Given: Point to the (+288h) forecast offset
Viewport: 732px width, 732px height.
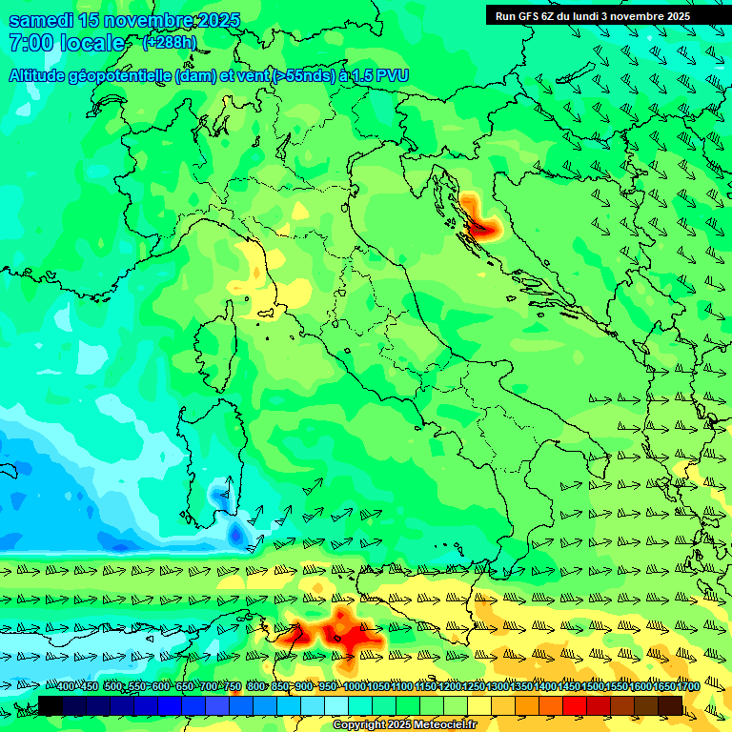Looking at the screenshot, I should (169, 42).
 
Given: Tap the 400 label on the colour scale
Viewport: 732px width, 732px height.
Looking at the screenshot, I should (66, 686).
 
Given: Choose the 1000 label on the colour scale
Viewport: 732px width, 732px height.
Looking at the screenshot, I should (355, 686).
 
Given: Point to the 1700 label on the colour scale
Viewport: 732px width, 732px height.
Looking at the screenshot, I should (688, 686).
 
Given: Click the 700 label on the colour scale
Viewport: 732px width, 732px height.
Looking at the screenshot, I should (210, 686).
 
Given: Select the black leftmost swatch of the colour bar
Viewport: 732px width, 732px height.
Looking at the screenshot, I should (51, 705).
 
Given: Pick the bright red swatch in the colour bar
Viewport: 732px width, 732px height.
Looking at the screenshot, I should (575, 705).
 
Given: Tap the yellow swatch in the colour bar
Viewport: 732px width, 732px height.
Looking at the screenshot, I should (479, 705).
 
